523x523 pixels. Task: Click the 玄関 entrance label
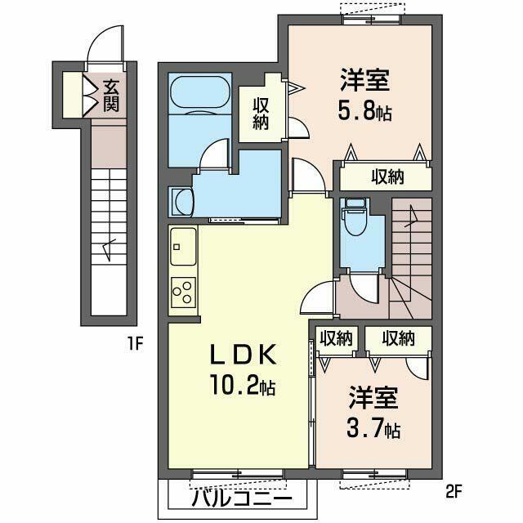(110, 95)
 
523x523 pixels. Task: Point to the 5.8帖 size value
(365, 110)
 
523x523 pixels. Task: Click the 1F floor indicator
(136, 344)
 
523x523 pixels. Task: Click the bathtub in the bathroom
(200, 93)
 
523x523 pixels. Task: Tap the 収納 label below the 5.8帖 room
(387, 177)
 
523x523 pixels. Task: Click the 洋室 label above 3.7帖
(374, 399)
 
